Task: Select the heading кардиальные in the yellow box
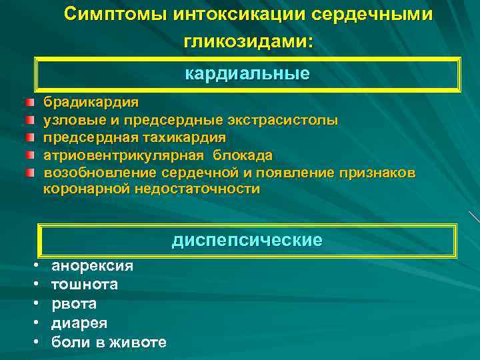[247, 73]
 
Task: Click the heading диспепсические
[247, 240]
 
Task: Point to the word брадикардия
[91, 103]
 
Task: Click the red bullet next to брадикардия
[30, 103]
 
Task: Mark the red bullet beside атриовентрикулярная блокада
[30, 155]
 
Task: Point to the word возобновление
[100, 173]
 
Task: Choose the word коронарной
[89, 189]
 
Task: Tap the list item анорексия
[92, 266]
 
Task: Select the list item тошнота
[85, 285]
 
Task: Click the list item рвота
[74, 304]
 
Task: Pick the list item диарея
[79, 323]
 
